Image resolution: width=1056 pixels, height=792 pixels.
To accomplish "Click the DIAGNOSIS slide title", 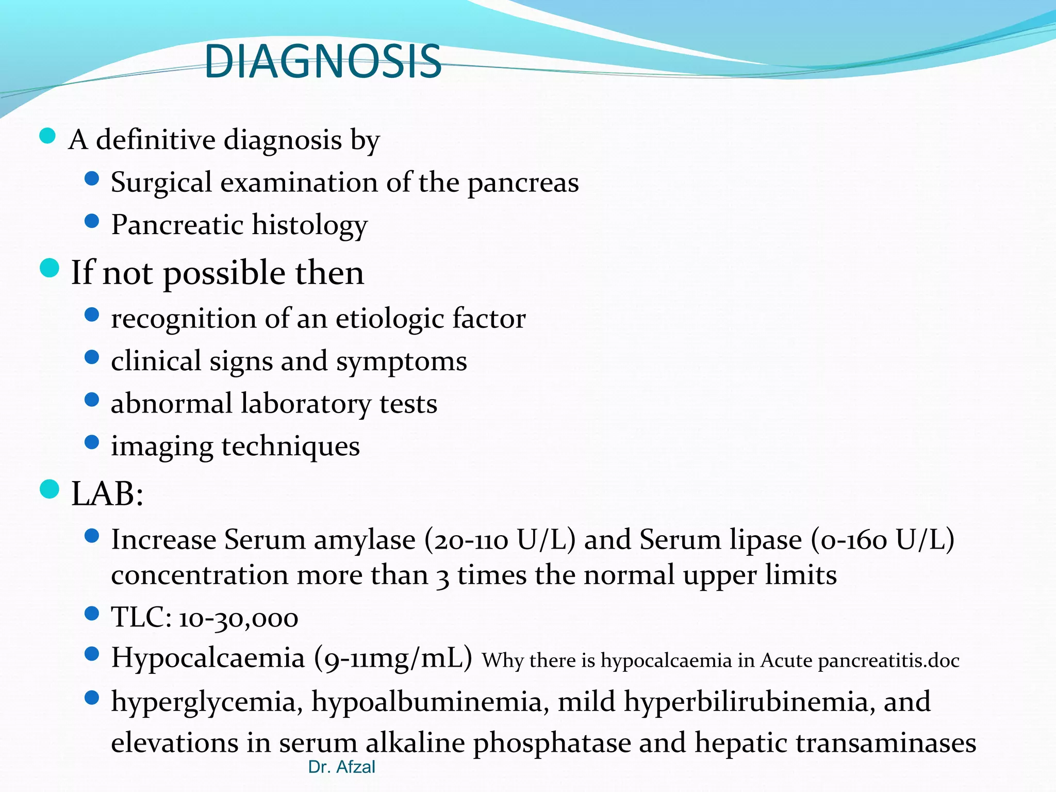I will [x=323, y=62].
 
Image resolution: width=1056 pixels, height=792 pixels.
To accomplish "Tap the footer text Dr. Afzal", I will [x=341, y=767].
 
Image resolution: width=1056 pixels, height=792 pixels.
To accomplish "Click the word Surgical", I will [x=161, y=183].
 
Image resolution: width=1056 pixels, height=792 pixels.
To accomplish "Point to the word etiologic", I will [x=390, y=319].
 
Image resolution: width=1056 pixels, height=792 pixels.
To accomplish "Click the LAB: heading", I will [x=107, y=494].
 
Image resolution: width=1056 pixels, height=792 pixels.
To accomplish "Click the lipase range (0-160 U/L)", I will [x=882, y=540].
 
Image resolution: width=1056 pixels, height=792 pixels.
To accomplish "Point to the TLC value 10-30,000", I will [x=238, y=618].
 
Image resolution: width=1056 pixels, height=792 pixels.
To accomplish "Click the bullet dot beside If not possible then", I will [x=49, y=269].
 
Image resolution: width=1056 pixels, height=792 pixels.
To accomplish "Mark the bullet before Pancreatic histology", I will [x=91, y=222].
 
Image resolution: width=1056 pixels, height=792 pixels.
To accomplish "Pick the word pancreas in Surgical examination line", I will [x=523, y=184].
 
